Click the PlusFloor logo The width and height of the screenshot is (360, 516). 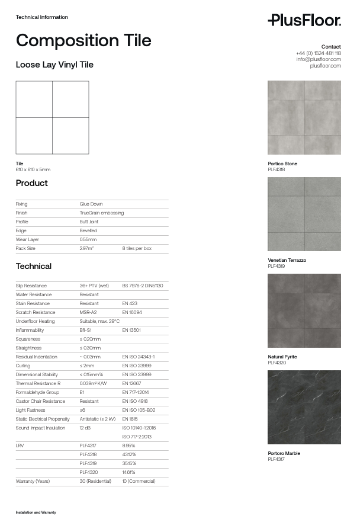pos(304,21)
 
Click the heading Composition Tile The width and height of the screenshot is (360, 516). pos(83,40)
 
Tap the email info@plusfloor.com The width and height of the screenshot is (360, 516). pos(319,59)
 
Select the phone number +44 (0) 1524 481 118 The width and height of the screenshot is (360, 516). pos(318,53)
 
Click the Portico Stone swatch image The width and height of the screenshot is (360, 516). pos(304,118)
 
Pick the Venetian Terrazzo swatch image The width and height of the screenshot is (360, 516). pos(304,214)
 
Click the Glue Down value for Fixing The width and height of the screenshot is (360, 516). pos(91,204)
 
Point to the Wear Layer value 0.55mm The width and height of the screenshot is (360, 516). pos(88,239)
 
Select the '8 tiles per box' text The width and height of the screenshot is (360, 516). pos(137,248)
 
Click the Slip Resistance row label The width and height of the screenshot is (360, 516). pos(31,286)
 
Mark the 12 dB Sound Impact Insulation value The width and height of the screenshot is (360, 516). pos(85,428)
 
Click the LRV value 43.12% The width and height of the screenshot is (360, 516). pos(129,454)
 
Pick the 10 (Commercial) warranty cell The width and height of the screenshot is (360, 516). pos(139,481)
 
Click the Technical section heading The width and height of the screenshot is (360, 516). pos(34,266)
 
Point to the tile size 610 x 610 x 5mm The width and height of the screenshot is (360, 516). pos(33,170)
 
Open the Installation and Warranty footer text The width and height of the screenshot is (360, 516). pos(36,512)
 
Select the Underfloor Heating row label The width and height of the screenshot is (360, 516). pos(35,321)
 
